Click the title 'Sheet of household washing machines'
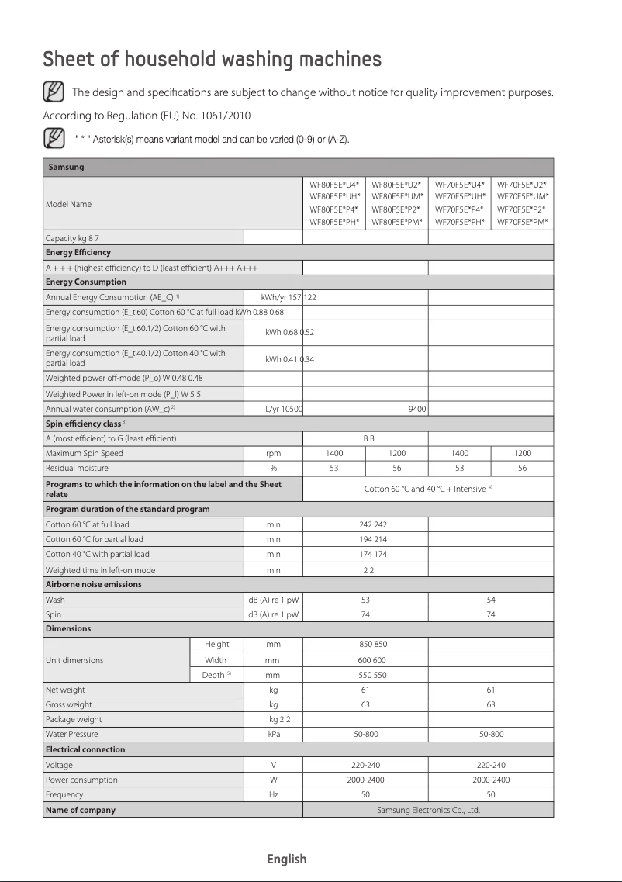212,60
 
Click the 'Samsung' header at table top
66,167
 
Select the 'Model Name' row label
68,204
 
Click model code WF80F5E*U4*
334,185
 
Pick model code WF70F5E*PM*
522,223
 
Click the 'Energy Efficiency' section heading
78,252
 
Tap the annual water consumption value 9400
417,409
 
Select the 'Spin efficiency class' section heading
84,424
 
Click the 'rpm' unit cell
273,453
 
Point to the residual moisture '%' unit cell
273,468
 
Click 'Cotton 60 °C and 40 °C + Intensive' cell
428,489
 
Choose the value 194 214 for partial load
365,539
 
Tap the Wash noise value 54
490,600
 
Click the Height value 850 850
365,645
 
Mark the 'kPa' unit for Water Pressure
273,734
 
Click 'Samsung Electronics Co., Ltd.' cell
428,810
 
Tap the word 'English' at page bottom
287,859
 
